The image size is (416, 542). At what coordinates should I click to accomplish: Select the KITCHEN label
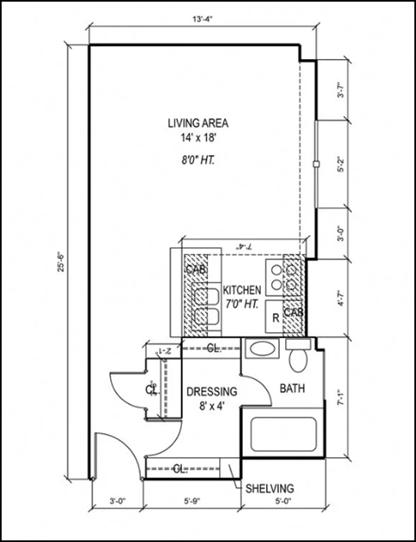click(x=243, y=291)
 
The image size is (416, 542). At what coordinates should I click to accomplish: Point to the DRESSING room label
click(x=211, y=392)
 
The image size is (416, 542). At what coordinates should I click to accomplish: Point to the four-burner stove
click(x=279, y=277)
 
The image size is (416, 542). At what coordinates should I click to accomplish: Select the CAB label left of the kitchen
click(x=193, y=271)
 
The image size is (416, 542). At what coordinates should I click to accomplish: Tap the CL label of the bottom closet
click(x=180, y=469)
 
